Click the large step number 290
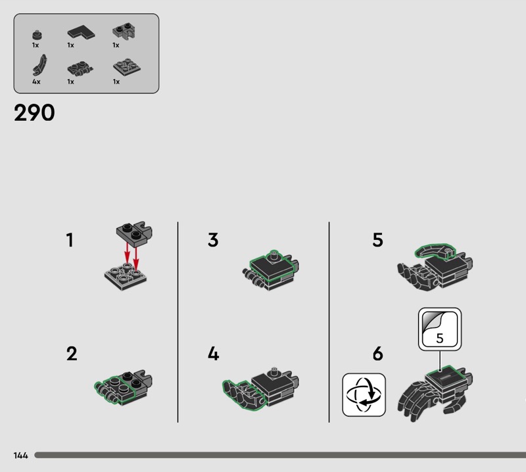click(34, 112)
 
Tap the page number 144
click(21, 455)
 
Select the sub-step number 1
click(70, 240)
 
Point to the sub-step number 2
click(72, 354)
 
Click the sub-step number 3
click(213, 240)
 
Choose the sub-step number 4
click(213, 354)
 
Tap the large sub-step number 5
click(377, 240)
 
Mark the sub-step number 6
click(377, 354)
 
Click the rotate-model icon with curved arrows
click(364, 395)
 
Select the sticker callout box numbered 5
click(440, 329)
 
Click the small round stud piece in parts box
click(37, 35)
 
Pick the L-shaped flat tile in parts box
click(81, 32)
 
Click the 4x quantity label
click(36, 82)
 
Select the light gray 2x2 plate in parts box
click(127, 67)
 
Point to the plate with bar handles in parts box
click(80, 68)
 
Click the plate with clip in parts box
click(124, 31)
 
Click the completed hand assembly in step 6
click(435, 394)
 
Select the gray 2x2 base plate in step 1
click(126, 276)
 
